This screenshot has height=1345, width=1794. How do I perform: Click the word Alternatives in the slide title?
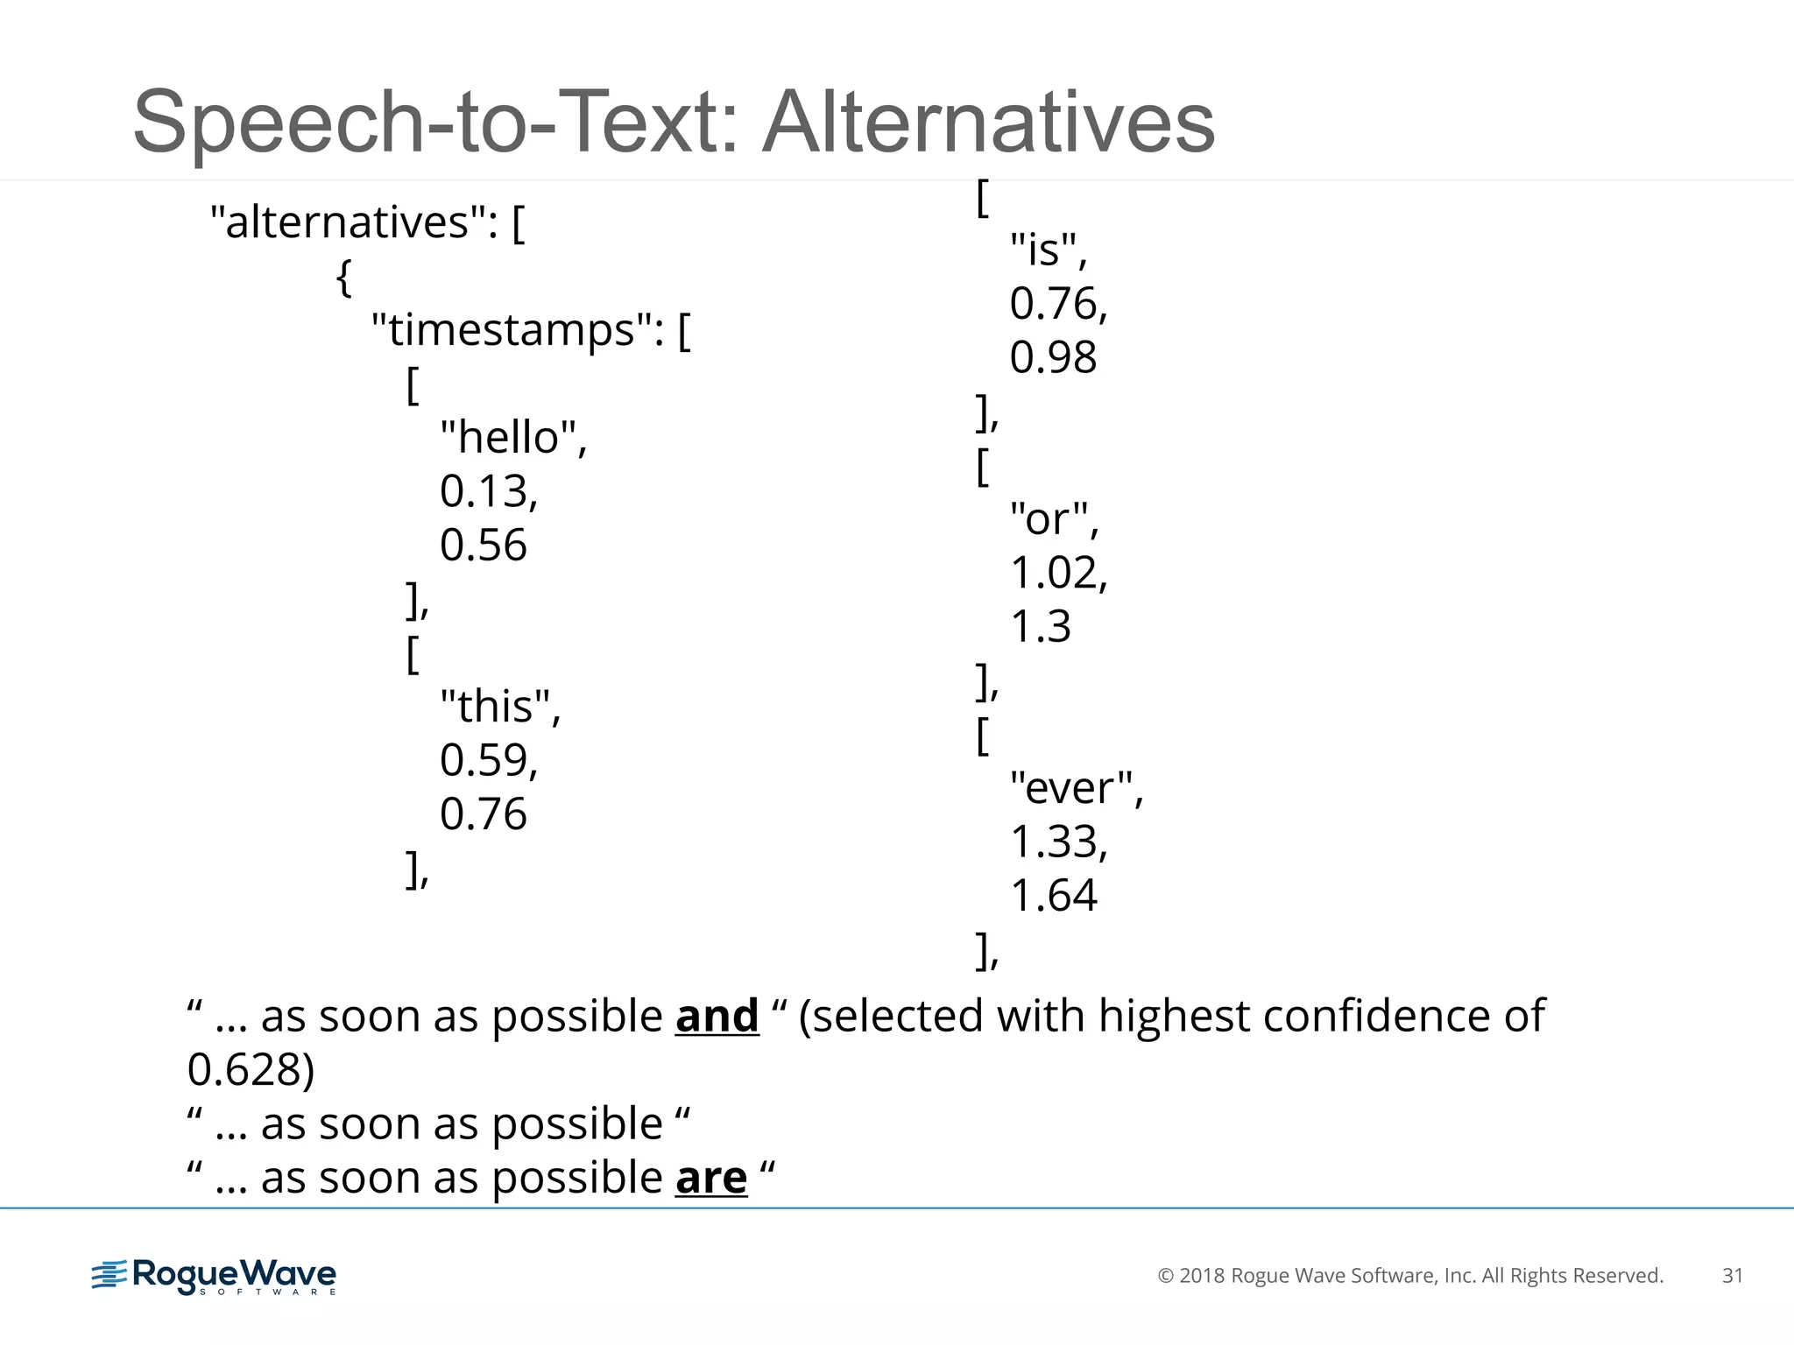coord(988,123)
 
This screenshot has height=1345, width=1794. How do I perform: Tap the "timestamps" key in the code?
coord(516,330)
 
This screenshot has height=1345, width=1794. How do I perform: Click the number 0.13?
coord(487,491)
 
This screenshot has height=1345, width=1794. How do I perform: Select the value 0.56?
coord(484,545)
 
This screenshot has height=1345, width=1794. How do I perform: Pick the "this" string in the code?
coord(498,706)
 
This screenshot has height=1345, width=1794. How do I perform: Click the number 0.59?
coord(487,760)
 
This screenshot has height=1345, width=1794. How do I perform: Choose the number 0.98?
coord(1053,357)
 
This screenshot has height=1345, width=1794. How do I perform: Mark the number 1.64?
coord(1053,895)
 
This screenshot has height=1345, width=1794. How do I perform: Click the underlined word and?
coord(717,1017)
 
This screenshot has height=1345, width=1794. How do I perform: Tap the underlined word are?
coord(711,1178)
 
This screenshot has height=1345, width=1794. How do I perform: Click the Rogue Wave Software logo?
coord(214,1276)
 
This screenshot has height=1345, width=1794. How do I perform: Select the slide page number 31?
coord(1732,1276)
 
